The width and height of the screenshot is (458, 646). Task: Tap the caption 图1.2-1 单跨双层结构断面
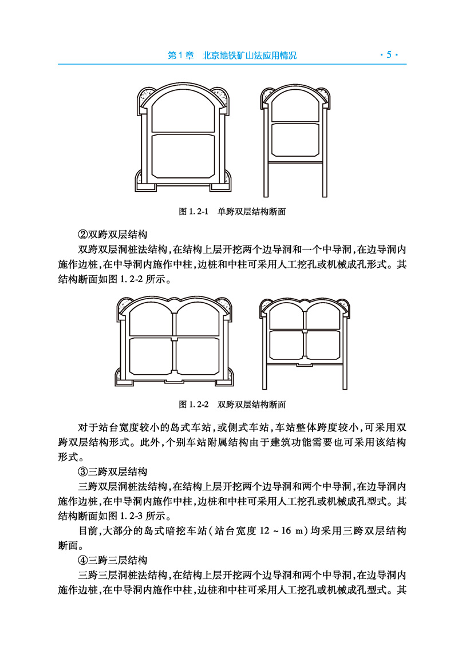pos(232,212)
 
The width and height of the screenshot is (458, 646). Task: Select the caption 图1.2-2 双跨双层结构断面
pos(232,405)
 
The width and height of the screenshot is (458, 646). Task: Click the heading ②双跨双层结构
pos(113,235)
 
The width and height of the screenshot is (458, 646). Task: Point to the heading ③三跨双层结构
pos(113,472)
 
